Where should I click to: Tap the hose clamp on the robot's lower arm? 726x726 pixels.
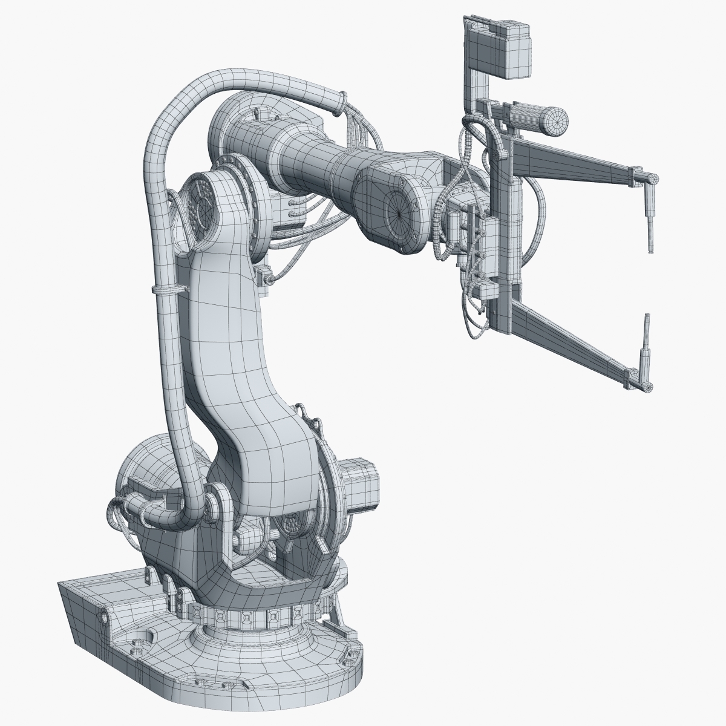coord(167,290)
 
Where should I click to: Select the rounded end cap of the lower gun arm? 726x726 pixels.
coord(646,386)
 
